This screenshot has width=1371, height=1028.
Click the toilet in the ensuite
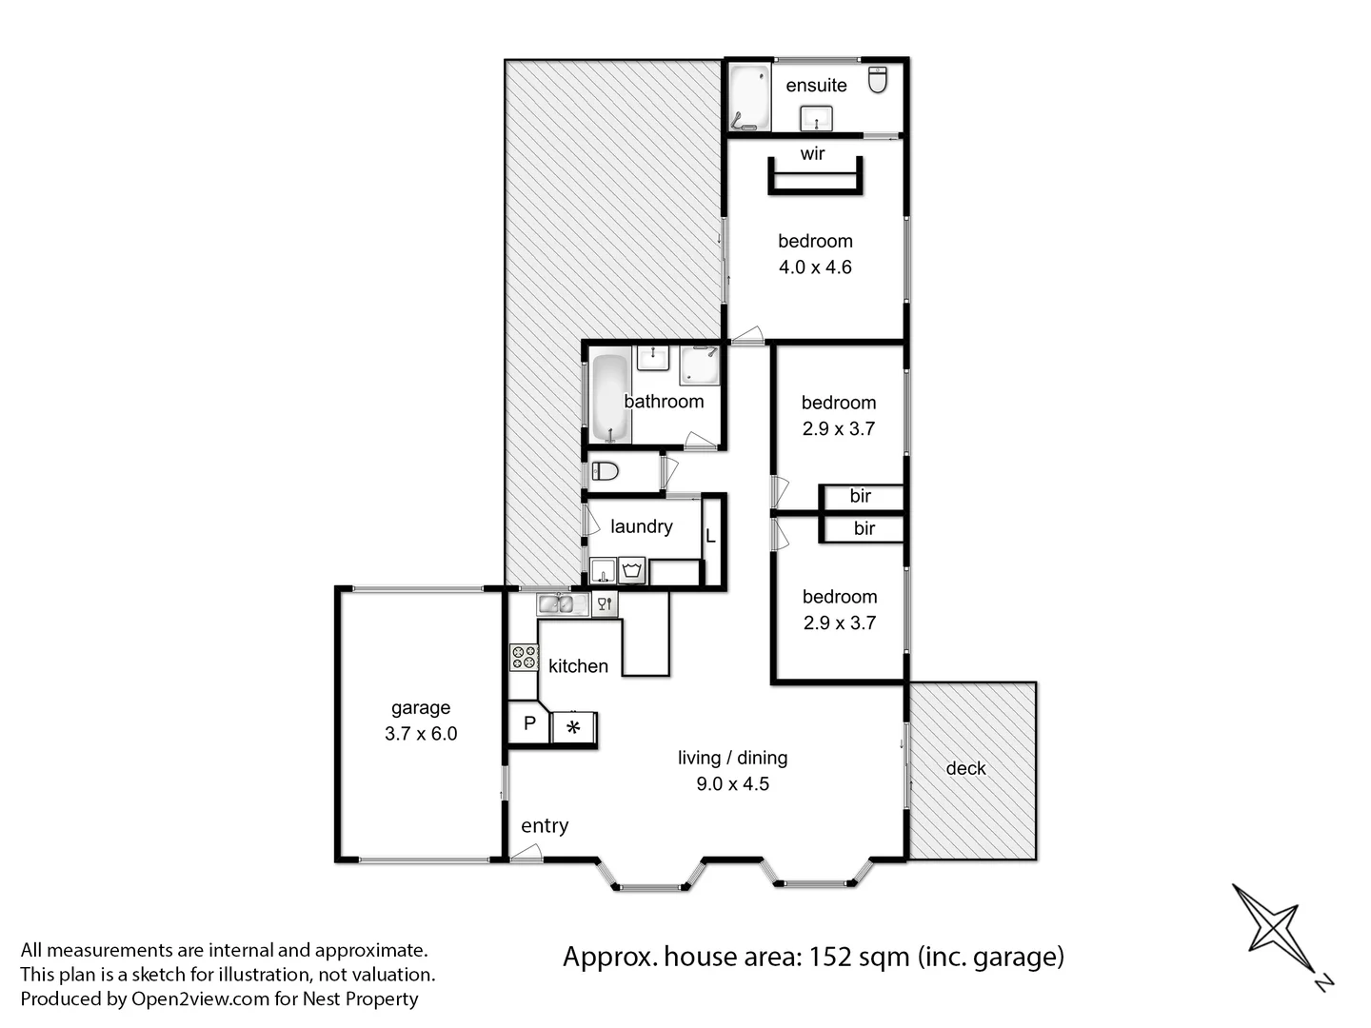[x=878, y=80]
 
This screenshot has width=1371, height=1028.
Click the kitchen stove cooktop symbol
[x=524, y=657]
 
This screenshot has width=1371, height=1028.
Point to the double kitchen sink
[x=563, y=603]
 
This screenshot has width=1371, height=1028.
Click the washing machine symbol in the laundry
[x=632, y=571]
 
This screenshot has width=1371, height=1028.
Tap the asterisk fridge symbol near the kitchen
[x=573, y=727]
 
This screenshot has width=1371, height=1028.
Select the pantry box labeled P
[x=529, y=723]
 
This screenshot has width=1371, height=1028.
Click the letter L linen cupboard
[x=710, y=537]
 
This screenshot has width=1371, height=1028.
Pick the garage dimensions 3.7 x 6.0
[x=421, y=734]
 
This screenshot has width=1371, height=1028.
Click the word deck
[x=965, y=768]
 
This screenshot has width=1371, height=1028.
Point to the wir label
[x=812, y=154]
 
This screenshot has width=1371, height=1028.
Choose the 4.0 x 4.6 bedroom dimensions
[x=815, y=267]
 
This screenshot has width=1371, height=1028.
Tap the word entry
[x=545, y=826]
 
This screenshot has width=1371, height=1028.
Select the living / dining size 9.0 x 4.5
[x=732, y=784]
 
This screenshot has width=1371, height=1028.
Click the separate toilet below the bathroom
[x=605, y=470]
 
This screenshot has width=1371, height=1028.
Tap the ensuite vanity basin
[x=816, y=119]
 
